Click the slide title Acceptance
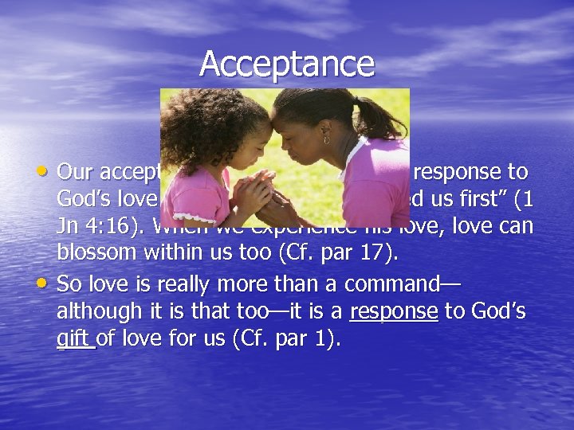(287, 64)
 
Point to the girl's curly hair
(191, 127)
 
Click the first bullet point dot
(45, 170)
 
